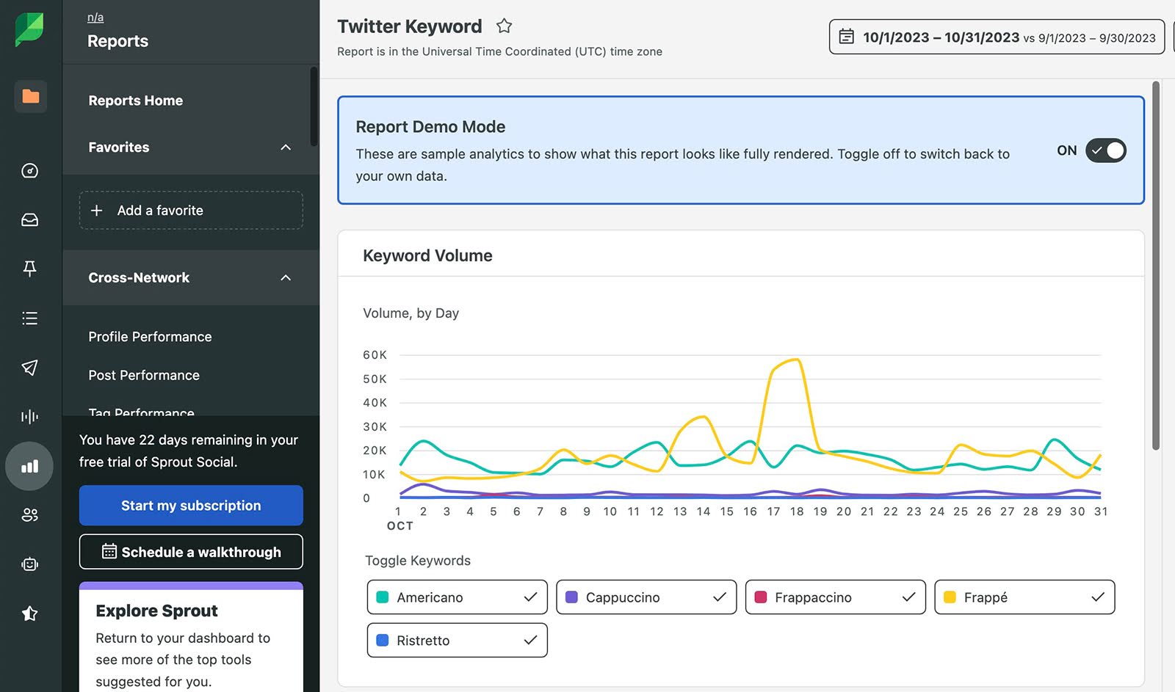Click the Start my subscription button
click(191, 505)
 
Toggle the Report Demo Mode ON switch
click(1105, 150)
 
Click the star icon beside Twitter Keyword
click(504, 26)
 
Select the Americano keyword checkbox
click(457, 597)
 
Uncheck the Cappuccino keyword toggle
click(646, 597)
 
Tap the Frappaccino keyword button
click(835, 597)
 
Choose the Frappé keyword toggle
click(1024, 597)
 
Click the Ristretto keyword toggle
click(457, 641)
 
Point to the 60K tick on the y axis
click(375, 355)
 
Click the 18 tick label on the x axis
click(797, 511)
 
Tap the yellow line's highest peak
click(797, 359)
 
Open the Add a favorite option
click(191, 211)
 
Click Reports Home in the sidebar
click(136, 101)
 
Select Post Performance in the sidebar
click(144, 375)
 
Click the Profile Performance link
click(150, 337)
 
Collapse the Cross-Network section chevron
click(286, 278)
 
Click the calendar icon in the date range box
click(846, 37)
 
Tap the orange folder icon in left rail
click(30, 96)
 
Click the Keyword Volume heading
click(427, 255)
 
